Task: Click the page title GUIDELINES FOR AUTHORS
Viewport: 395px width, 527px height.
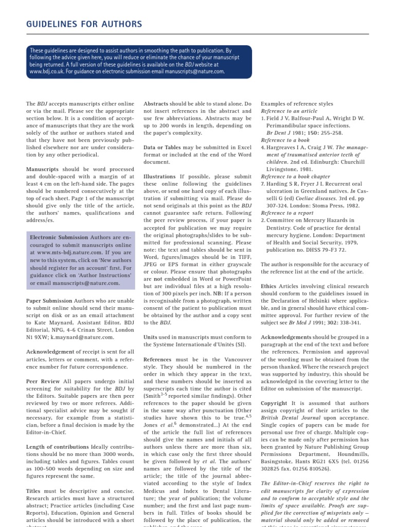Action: coord(83,24)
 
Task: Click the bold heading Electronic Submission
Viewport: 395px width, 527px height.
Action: coord(59,237)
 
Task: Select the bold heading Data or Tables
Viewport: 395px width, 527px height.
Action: coord(167,147)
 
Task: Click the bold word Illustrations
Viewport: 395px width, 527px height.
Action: coord(160,176)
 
